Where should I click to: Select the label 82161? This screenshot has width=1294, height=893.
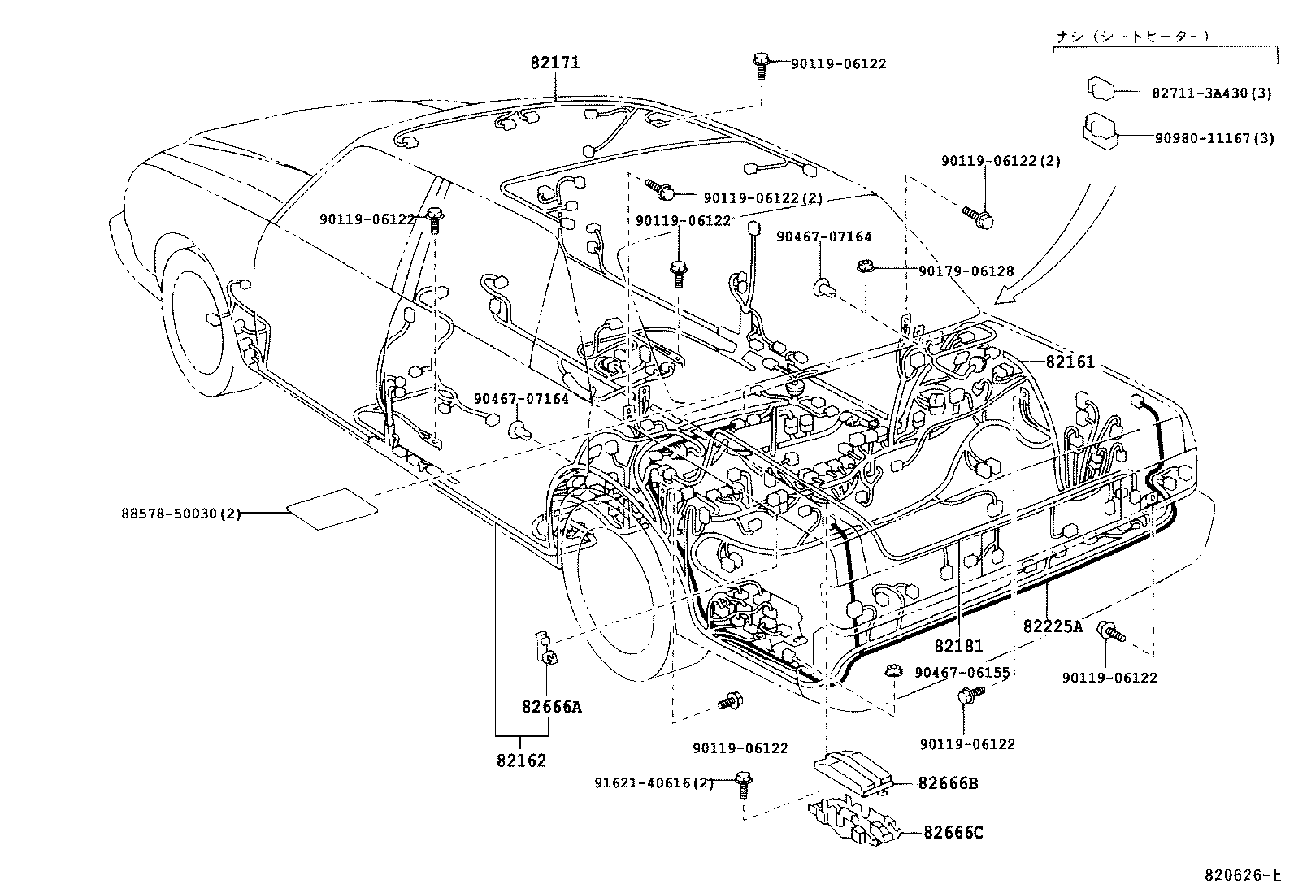1070,362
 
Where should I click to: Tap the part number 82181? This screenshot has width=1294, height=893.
958,646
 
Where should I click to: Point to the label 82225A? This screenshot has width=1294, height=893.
1053,626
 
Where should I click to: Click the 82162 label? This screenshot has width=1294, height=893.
521,761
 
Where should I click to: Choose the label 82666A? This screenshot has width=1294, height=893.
552,706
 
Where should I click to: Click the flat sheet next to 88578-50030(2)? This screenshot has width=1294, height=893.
331,509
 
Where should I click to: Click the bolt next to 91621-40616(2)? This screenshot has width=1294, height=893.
741,782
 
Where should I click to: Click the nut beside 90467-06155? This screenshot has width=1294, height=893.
892,671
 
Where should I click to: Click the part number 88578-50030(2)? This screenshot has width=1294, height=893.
180,513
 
